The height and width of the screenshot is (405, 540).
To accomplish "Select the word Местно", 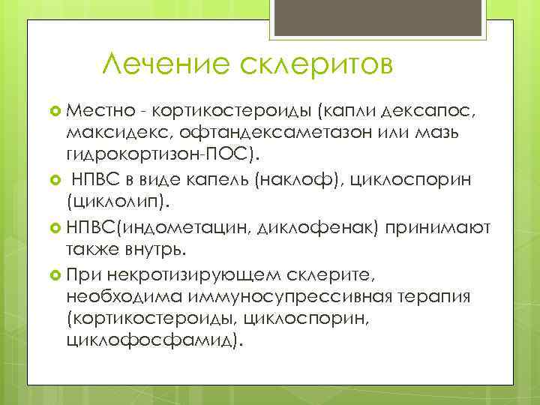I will [x=101, y=111].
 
